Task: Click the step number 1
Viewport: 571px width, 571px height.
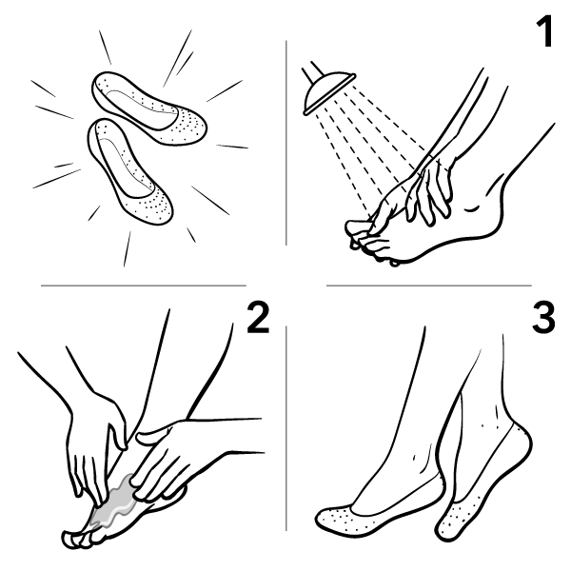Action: pos(545,31)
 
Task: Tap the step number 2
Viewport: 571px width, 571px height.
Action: pos(258,318)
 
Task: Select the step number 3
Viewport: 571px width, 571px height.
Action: pos(543,318)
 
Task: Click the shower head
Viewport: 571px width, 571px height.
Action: pos(329,93)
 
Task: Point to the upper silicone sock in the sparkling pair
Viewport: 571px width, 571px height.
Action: pos(149,108)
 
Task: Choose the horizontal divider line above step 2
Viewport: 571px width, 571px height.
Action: pos(144,285)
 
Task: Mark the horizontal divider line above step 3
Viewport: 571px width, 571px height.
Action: pos(429,285)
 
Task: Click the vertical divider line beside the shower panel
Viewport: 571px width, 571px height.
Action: pos(285,143)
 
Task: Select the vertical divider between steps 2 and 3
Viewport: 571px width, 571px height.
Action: pos(285,428)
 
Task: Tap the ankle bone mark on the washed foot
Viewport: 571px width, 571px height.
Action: pos(473,209)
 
